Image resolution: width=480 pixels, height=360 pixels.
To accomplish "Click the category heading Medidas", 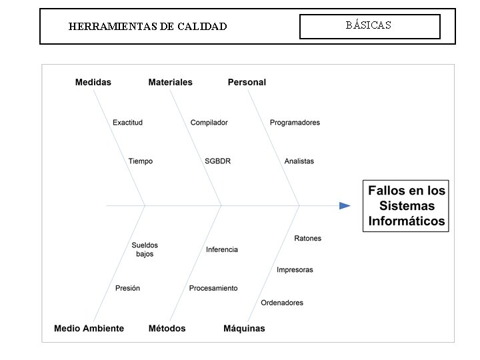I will coord(93,82).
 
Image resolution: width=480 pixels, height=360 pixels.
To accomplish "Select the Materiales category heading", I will coord(170,82).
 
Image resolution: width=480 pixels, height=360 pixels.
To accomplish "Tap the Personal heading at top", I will coord(247,82).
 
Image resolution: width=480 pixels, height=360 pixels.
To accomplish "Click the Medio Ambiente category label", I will coord(89,328).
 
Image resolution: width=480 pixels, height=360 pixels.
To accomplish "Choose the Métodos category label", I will coord(167,328).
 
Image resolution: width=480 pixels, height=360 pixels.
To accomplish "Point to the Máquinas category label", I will coord(244,328).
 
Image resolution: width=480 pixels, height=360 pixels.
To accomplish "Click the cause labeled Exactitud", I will coord(127,123).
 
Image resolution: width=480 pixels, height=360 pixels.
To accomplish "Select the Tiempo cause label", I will coord(141,161).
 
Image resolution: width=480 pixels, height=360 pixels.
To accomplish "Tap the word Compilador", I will coord(209,123).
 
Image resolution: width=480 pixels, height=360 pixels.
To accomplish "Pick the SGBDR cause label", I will coord(218,161).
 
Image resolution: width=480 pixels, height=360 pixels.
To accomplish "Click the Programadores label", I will coord(295,123).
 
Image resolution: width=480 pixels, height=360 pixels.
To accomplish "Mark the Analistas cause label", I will coord(299,161).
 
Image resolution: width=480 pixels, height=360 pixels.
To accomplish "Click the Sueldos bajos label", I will coord(145,249).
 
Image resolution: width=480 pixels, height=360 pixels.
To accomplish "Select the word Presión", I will coord(127,288).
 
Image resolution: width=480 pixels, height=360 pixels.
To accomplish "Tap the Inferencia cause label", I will coord(222,249).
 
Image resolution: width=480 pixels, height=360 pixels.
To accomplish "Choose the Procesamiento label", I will coord(213,288).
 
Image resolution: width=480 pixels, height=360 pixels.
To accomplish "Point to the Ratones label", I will coord(307,238).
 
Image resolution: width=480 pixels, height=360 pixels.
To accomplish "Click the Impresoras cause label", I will coord(295,270).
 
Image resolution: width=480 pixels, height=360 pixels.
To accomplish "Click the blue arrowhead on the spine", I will coord(345,205).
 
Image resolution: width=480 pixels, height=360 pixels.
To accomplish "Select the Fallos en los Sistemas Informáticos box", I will coord(406,205).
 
